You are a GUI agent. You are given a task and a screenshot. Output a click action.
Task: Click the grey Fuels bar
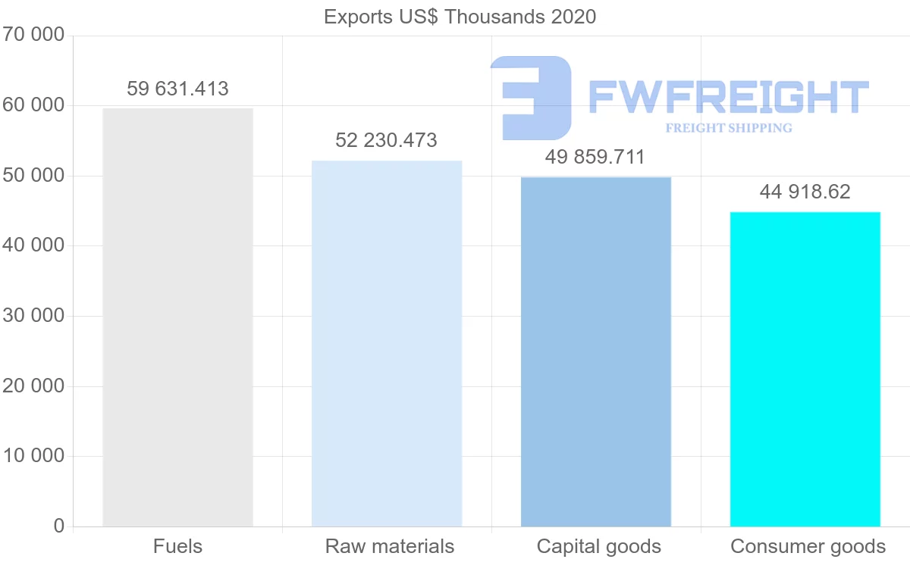point(177,317)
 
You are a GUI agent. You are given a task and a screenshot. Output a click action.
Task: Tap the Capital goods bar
point(596,351)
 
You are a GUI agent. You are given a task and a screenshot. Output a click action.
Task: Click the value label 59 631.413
point(177,89)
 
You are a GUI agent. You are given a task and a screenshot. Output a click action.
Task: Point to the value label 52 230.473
point(387,140)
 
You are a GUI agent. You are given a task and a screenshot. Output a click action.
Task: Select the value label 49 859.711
point(595,158)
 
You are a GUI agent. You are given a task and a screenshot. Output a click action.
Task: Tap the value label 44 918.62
point(805,192)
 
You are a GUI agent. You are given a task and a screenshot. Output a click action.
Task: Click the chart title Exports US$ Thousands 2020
point(460,17)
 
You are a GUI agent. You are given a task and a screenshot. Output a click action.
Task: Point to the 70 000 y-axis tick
point(33,35)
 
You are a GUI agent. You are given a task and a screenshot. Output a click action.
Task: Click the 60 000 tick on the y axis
point(33,105)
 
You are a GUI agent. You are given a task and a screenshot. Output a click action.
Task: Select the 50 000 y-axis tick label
point(33,176)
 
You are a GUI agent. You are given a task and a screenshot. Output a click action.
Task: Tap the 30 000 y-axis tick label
point(33,316)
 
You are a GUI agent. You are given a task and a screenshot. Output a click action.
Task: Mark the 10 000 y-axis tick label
point(33,456)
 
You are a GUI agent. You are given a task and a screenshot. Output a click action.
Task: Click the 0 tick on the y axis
point(59,526)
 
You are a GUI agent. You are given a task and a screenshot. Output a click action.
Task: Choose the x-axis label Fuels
point(177,546)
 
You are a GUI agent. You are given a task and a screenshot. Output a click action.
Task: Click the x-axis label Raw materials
point(390,546)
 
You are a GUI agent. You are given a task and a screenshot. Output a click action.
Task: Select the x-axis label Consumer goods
point(808,546)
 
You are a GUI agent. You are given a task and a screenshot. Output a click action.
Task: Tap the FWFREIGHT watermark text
point(728,98)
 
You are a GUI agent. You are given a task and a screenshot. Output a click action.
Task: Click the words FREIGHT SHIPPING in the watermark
point(729,128)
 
